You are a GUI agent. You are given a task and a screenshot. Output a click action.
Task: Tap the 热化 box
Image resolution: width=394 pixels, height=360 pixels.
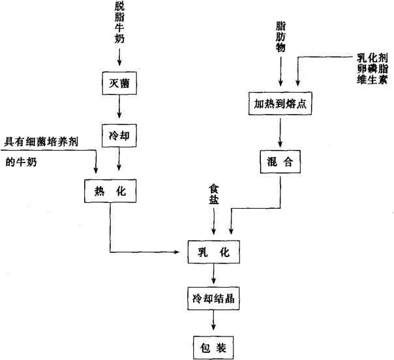109,190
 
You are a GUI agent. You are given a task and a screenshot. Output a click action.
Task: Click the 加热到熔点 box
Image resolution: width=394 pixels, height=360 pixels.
280,103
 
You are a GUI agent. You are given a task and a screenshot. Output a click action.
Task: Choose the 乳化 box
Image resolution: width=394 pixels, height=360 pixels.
213,251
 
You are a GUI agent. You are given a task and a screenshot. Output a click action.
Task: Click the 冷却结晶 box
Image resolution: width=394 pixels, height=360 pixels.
213,299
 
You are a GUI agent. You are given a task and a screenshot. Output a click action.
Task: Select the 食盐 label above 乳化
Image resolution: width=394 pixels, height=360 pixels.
213,194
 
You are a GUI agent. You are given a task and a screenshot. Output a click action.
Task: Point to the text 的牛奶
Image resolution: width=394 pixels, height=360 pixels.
22,162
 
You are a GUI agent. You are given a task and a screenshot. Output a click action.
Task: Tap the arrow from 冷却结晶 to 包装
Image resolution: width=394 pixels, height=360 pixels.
213,321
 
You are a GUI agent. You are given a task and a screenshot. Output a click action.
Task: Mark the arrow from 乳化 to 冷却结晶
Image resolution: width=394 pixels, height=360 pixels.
213,275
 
